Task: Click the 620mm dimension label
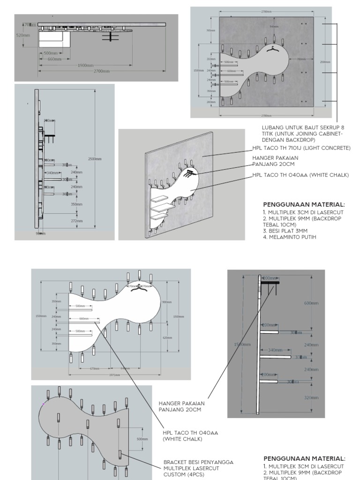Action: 166,337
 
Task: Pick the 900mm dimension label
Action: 166,302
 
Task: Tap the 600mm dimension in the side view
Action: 311,303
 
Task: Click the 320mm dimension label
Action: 311,397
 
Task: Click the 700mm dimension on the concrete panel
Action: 300,60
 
